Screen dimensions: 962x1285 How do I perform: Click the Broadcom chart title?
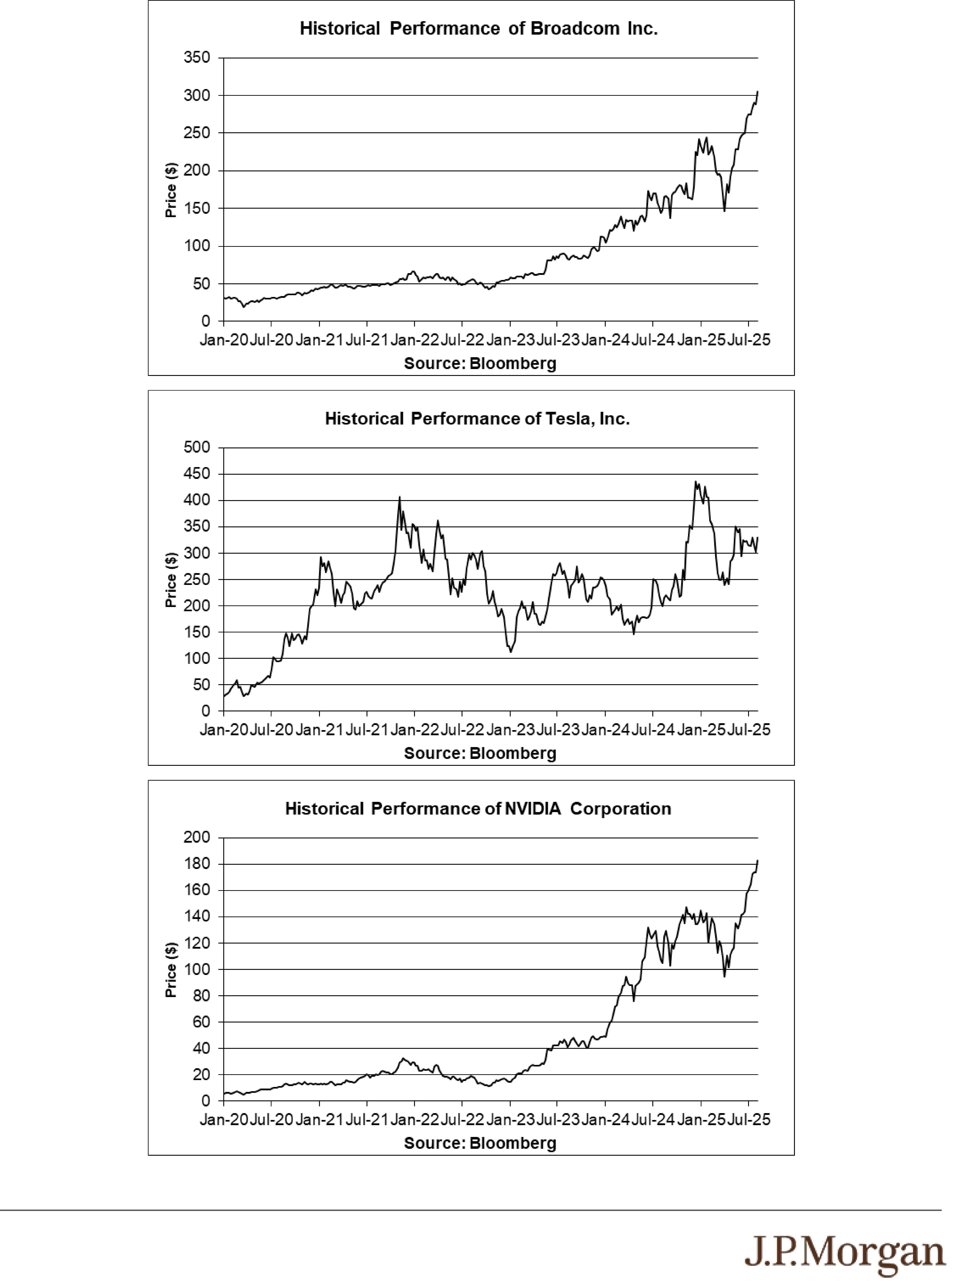[479, 28]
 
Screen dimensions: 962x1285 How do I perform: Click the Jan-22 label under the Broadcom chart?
[414, 340]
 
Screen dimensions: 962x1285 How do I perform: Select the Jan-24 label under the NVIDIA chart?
[605, 1119]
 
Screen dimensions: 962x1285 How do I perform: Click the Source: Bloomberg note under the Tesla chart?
[480, 753]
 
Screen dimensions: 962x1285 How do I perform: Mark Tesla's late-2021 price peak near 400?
[399, 497]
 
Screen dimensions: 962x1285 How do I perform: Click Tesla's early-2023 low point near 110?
[511, 652]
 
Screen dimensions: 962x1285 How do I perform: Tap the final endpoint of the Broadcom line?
[757, 91]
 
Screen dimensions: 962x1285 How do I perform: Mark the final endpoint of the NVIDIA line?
[757, 861]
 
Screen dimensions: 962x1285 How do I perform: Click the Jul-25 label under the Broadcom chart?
[749, 340]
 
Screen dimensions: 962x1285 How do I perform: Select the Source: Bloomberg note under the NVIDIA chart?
[480, 1143]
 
